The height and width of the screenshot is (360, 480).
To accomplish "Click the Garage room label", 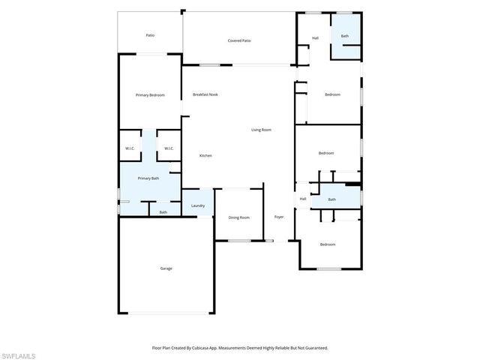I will pos(166,268).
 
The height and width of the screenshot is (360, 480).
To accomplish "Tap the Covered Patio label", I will pos(239,40).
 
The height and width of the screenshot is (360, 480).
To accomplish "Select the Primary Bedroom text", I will pos(150,95).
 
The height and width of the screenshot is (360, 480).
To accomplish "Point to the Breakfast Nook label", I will pos(205,94).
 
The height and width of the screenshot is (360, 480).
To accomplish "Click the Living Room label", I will pos(261,130).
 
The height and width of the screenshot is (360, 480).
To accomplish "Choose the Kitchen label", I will pos(205,155).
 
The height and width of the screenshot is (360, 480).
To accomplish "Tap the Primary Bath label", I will pos(148,178).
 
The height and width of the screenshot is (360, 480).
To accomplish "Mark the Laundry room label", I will pos(198,205).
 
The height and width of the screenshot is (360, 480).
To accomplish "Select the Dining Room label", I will pos(239,217).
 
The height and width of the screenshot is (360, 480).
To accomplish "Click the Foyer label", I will pos(279,217).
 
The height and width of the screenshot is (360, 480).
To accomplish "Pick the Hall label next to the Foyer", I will pos(303,199).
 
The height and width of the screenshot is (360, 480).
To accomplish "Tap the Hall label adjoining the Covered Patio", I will pos(316,37).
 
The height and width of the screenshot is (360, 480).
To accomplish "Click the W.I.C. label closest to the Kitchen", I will pos(169,148).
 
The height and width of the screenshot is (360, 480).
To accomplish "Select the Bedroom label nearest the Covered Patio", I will pos(332,94).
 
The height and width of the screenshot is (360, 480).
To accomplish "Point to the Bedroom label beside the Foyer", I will pos(328,244).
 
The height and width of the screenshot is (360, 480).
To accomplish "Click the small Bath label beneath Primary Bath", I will pos(163,212).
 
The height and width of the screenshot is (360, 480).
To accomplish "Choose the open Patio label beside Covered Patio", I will pos(150,35).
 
